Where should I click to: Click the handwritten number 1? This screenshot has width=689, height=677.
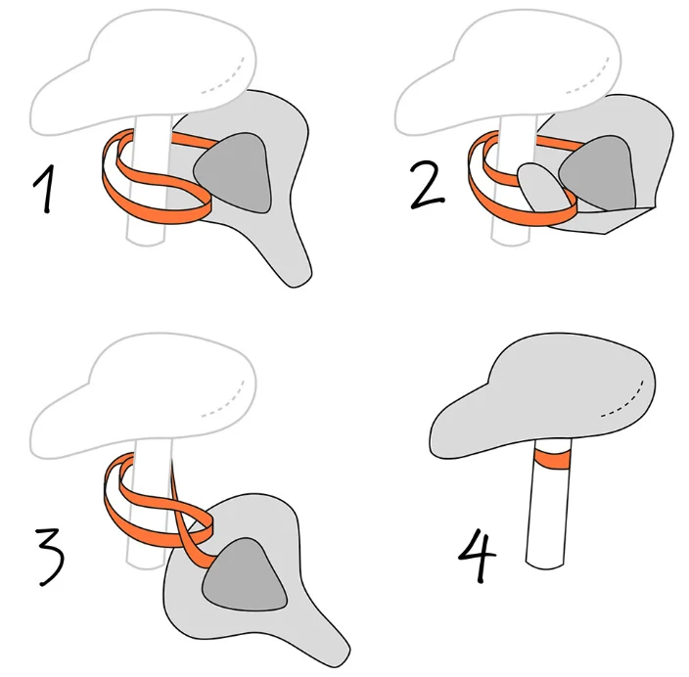click(46, 189)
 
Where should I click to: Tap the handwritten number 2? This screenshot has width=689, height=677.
click(427, 185)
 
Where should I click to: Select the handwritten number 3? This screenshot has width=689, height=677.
click(51, 557)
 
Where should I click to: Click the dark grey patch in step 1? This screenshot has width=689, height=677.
click(235, 172)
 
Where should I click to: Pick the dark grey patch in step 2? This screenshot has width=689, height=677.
click(600, 172)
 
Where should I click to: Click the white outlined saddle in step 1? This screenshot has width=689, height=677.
click(143, 72)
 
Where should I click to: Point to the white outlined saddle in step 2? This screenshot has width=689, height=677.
click(508, 72)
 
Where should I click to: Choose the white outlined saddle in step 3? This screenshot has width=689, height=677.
click(143, 395)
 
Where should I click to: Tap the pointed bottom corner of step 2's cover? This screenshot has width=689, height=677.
click(607, 233)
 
